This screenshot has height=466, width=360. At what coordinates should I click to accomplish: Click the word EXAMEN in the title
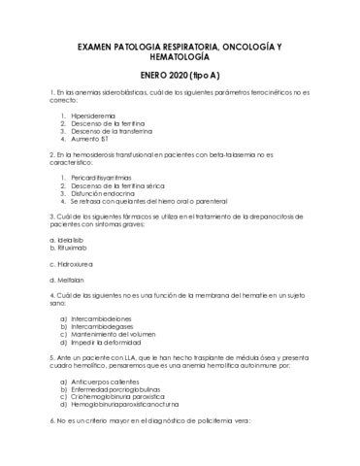[96, 47]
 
